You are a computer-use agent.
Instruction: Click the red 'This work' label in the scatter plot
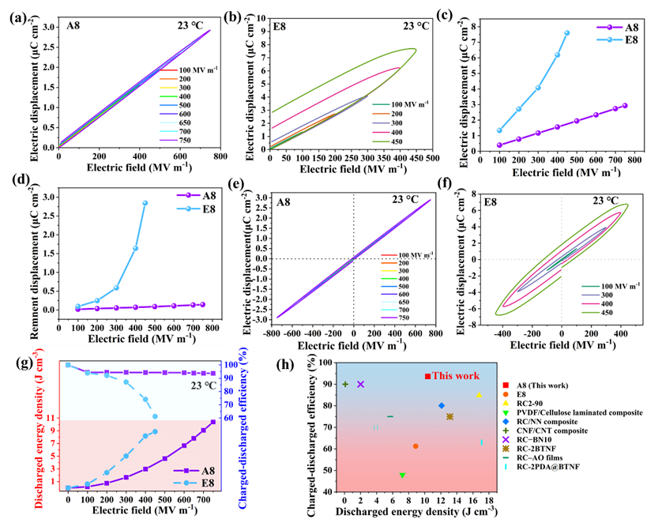[x=452, y=376]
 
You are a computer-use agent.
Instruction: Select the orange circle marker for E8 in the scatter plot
[x=416, y=446]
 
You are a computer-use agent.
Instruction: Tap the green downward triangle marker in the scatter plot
[x=402, y=475]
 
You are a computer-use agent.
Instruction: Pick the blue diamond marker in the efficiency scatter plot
[x=442, y=405]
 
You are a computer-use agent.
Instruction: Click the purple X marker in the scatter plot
[x=361, y=384]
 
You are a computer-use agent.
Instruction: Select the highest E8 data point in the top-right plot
[x=567, y=33]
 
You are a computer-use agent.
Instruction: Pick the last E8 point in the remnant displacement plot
[x=145, y=203]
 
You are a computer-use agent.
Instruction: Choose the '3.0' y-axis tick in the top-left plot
[x=46, y=28]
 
